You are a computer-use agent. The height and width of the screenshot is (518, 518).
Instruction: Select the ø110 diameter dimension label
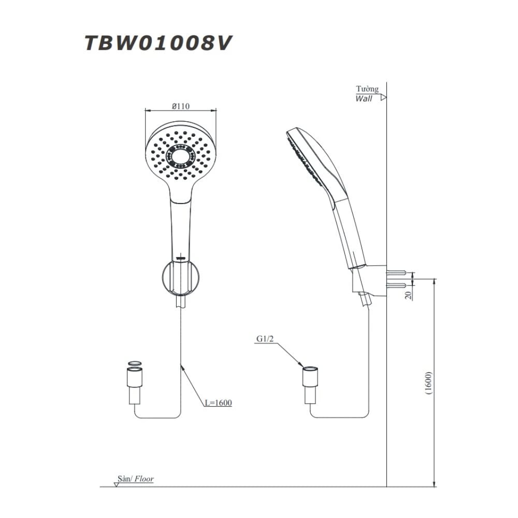tap(180, 106)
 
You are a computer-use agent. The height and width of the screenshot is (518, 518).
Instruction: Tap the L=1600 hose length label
tap(217, 402)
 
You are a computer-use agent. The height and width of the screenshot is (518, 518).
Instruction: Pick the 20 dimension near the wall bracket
tap(408, 295)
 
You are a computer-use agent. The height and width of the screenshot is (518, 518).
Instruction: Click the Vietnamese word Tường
tap(367, 89)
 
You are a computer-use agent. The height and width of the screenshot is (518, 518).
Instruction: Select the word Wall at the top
tap(364, 98)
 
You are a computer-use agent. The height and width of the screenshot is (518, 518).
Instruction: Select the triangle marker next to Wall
tap(383, 97)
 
